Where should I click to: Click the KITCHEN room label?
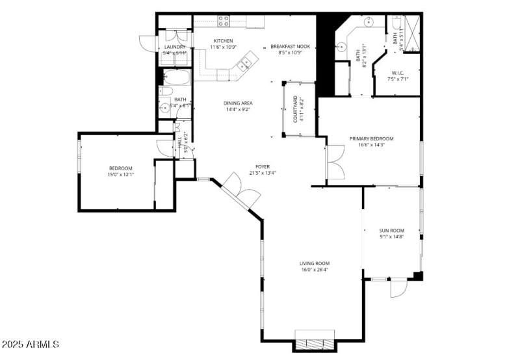(224, 41)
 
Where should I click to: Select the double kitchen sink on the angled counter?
(246, 64)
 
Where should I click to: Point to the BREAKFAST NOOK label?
(291, 47)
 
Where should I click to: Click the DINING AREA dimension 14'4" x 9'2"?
(238, 110)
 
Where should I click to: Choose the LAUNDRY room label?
(174, 47)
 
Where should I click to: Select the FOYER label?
(263, 166)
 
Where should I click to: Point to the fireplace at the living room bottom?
(315, 344)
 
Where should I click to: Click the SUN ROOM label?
(392, 231)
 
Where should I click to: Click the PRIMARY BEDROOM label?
(371, 138)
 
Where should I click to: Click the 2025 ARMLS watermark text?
(31, 344)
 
